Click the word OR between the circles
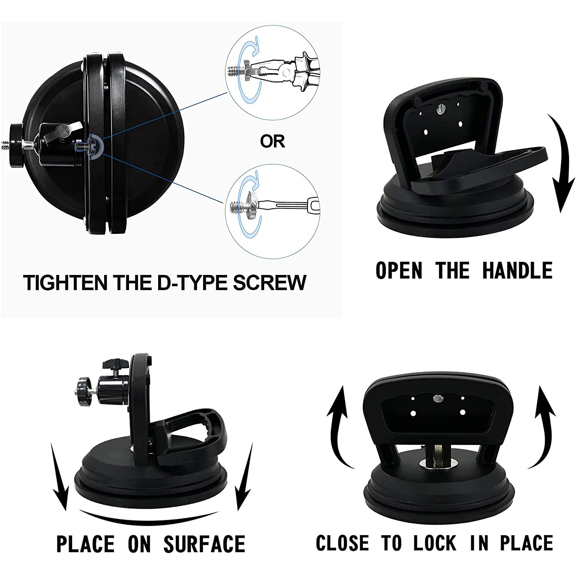272,141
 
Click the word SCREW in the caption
270,283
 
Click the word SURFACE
204,544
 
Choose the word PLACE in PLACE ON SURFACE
85,544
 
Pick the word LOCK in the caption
435,543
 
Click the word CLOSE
343,543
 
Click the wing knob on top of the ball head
114,363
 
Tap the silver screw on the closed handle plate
437,398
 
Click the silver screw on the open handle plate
440,110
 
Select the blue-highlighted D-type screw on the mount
92,146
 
